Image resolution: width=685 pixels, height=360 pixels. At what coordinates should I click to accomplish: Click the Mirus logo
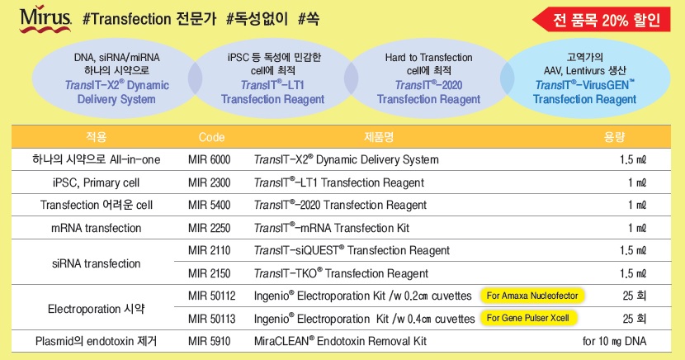pyautogui.click(x=45, y=18)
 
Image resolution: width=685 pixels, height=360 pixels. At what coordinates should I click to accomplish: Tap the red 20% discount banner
pyautogui.click(x=601, y=19)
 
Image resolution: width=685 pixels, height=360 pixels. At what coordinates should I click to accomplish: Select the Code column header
pyautogui.click(x=211, y=137)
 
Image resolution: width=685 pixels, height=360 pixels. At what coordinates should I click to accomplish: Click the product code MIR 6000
pyautogui.click(x=210, y=159)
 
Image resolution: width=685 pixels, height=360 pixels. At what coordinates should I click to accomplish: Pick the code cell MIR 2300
pyautogui.click(x=210, y=182)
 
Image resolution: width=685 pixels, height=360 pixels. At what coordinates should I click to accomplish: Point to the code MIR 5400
pyautogui.click(x=210, y=205)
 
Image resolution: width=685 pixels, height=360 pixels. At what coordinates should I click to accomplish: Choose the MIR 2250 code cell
pyautogui.click(x=210, y=228)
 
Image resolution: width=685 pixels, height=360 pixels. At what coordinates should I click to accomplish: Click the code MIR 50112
pyautogui.click(x=212, y=296)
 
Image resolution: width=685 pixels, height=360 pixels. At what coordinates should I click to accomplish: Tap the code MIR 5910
pyautogui.click(x=210, y=341)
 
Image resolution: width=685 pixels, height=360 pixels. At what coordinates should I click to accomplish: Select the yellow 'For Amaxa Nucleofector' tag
pyautogui.click(x=532, y=296)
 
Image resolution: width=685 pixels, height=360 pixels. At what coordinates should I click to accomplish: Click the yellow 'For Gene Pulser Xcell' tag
pyautogui.click(x=527, y=318)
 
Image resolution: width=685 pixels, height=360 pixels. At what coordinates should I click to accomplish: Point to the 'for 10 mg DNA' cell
pyautogui.click(x=614, y=341)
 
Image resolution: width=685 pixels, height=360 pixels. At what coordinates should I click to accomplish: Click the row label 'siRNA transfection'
pyautogui.click(x=96, y=263)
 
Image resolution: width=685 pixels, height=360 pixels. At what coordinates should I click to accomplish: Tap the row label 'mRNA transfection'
pyautogui.click(x=96, y=228)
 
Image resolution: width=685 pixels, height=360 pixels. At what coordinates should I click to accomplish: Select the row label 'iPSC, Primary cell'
pyautogui.click(x=96, y=182)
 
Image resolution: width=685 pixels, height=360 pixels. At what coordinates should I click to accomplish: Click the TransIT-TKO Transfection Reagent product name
pyautogui.click(x=341, y=273)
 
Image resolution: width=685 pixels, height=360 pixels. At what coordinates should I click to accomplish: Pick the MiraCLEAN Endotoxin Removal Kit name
pyautogui.click(x=340, y=341)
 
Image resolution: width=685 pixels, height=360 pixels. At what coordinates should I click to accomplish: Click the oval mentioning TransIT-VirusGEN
pyautogui.click(x=585, y=78)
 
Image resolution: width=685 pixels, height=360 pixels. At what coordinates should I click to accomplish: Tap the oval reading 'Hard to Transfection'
pyautogui.click(x=428, y=78)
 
